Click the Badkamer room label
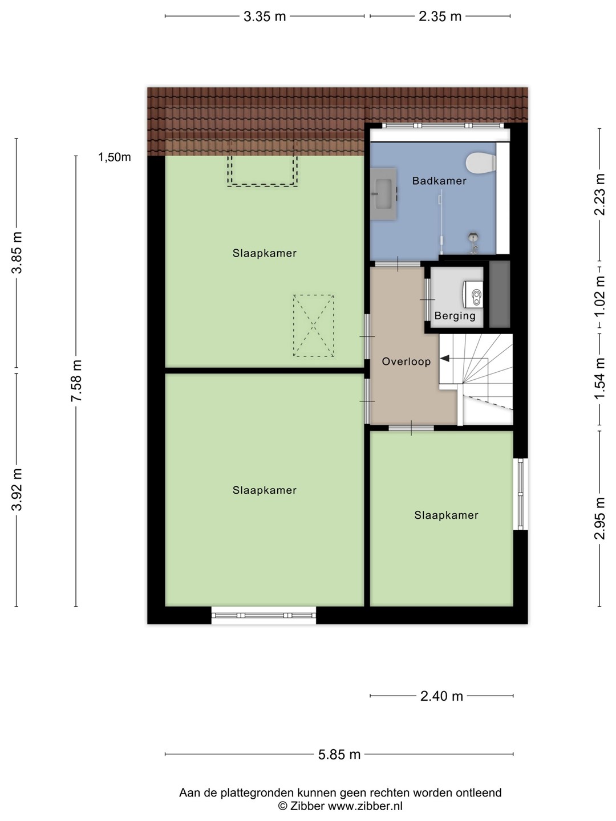coord(439,181)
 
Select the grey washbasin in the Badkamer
coord(383,194)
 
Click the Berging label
coord(455,316)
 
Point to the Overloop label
coord(406,361)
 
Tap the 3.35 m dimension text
coord(265,17)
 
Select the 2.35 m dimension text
coord(440,17)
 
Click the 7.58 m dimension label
coord(76,381)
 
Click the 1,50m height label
coord(115,157)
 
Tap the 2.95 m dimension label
coord(599,518)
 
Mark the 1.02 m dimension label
coord(599,296)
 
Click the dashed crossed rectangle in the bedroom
coord(314,326)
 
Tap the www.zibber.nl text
coord(365,806)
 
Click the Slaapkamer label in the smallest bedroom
coord(446,515)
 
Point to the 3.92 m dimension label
coord(17,489)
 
